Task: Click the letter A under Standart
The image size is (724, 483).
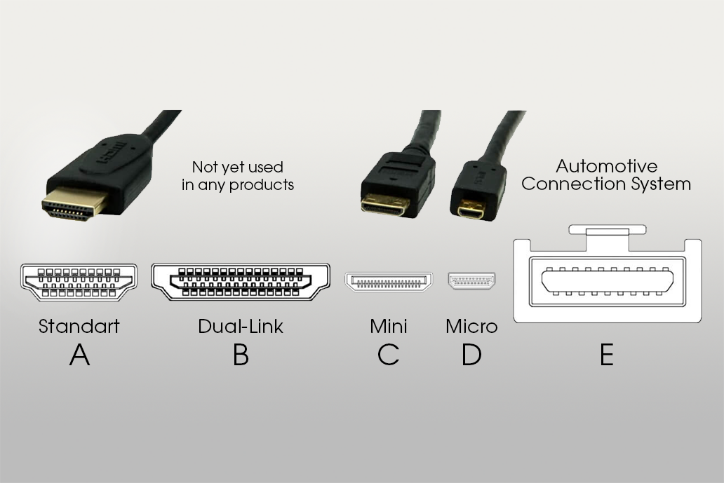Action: (79, 355)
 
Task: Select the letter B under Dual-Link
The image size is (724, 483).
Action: (241, 355)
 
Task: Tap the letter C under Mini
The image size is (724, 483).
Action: (388, 355)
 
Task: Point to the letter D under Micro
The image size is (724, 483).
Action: (471, 355)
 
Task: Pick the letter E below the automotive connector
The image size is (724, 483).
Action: (607, 355)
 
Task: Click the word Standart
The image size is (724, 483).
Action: (79, 326)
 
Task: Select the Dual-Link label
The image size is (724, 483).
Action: (241, 326)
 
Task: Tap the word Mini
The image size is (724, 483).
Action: (388, 326)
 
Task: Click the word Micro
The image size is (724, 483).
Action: (471, 326)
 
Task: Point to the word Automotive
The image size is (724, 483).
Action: (607, 167)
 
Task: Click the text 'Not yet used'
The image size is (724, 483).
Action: (238, 167)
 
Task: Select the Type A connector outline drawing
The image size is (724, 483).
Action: (79, 283)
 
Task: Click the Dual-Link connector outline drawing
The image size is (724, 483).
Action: (241, 282)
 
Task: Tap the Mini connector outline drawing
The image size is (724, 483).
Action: (389, 282)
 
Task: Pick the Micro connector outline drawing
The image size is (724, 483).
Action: (471, 281)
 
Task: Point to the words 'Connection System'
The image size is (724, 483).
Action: (606, 184)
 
